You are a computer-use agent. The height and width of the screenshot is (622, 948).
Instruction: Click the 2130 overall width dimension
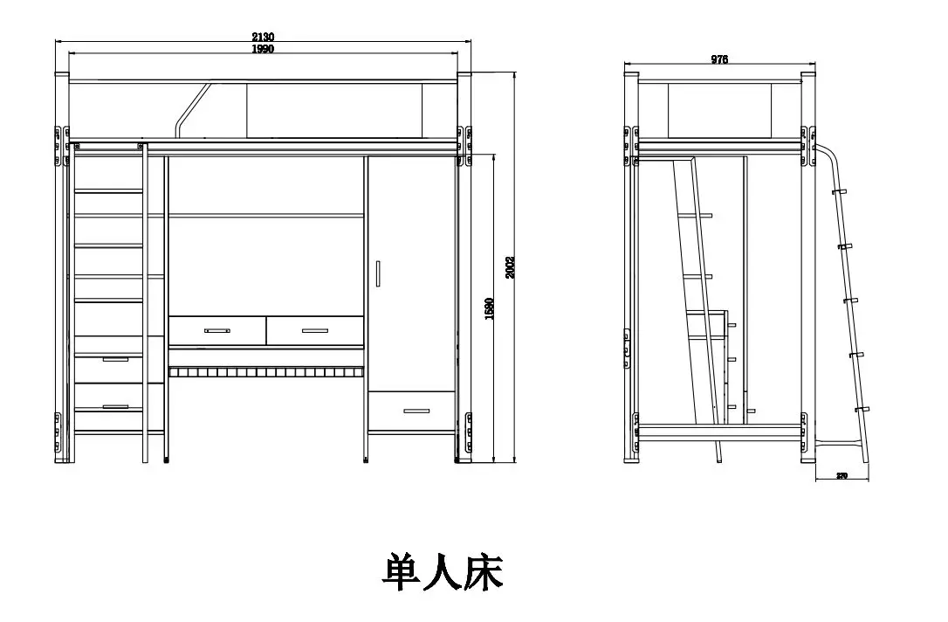click(263, 37)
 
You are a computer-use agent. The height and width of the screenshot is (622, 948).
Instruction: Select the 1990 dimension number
click(263, 49)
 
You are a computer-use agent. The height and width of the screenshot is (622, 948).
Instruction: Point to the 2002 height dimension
click(511, 267)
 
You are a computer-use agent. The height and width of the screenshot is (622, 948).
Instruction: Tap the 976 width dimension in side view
click(719, 59)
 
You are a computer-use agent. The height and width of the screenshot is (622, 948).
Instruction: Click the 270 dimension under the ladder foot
click(842, 476)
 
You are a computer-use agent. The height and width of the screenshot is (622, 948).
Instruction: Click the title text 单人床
click(443, 572)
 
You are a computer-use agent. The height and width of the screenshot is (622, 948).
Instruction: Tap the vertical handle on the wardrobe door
click(378, 273)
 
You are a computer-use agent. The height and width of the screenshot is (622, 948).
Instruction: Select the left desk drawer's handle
click(216, 331)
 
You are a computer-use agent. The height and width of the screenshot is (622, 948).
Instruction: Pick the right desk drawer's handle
click(314, 330)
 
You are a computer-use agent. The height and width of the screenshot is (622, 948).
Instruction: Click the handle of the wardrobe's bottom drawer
click(411, 410)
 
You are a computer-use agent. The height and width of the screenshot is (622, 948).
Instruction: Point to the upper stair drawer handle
click(115, 359)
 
